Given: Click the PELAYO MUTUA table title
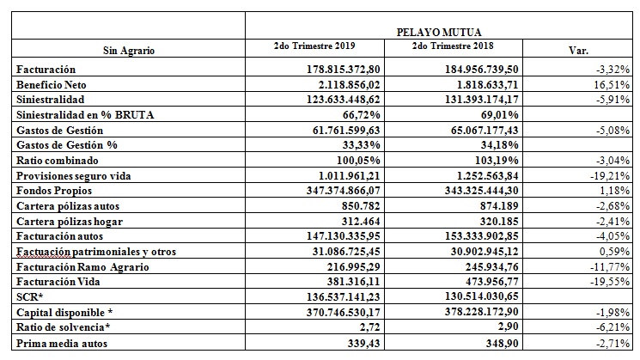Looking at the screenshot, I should pyautogui.click(x=439, y=31).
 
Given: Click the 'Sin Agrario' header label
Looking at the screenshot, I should pyautogui.click(x=128, y=51).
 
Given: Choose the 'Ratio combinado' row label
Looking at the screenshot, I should pyautogui.click(x=57, y=159).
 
